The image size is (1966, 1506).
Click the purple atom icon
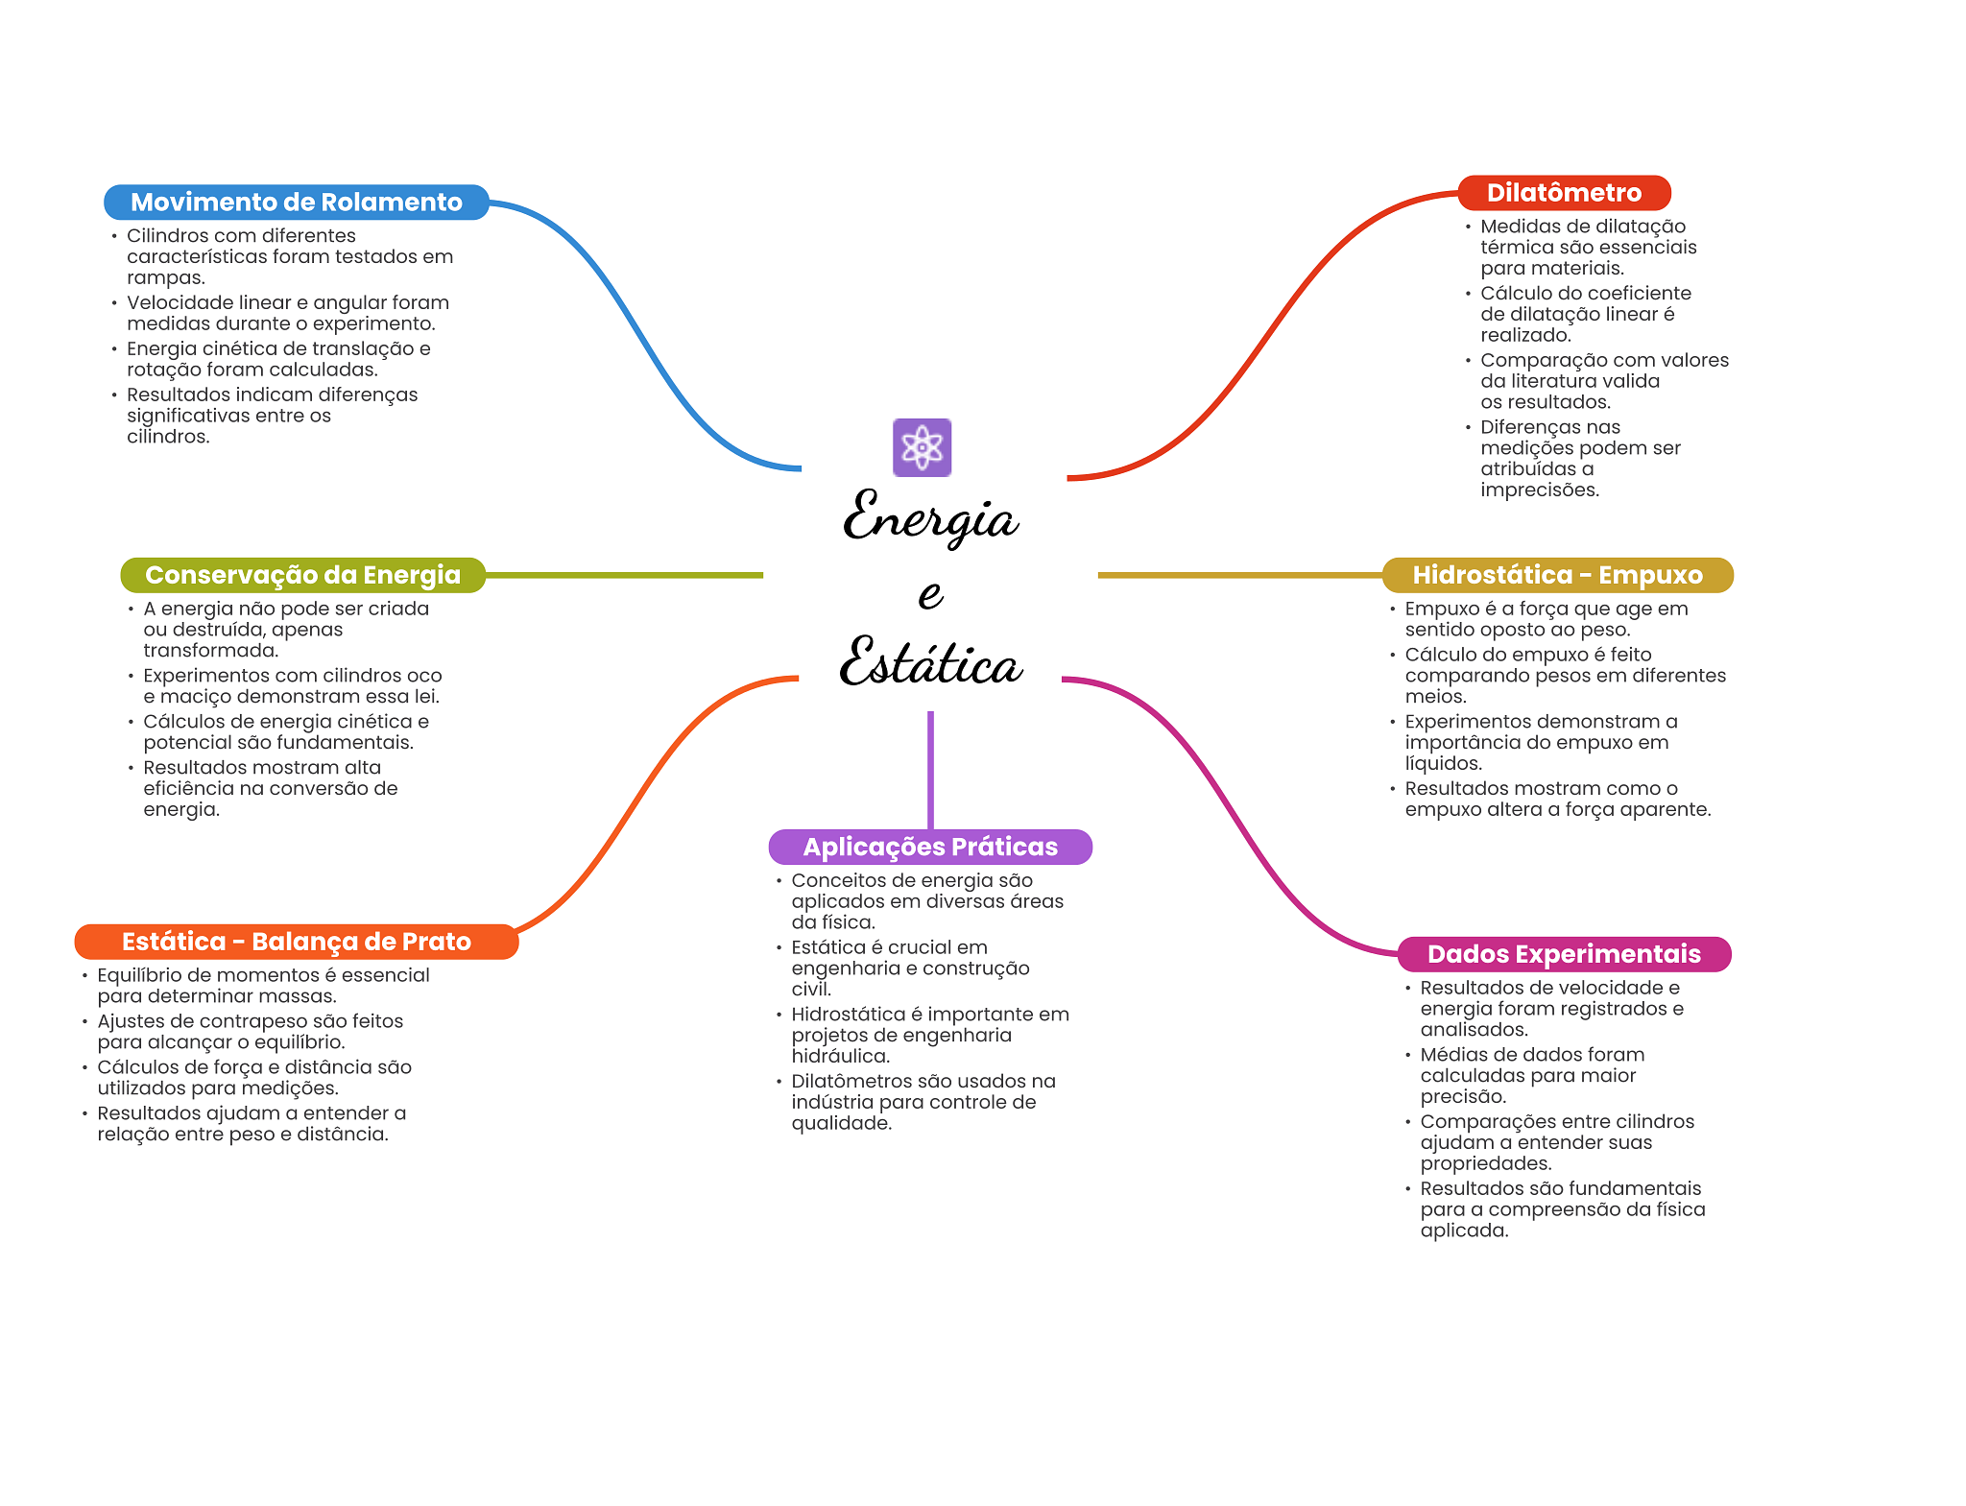tap(922, 447)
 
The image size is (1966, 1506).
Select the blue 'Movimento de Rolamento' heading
tap(297, 203)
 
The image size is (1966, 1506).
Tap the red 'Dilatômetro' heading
tap(1564, 193)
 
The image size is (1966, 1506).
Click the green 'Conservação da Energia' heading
tap(302, 575)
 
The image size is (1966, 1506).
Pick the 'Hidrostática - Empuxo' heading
tap(1557, 575)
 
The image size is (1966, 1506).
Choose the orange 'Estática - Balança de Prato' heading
tap(297, 942)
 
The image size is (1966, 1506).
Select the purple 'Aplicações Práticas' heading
tap(930, 847)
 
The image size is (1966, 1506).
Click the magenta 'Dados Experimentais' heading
tap(1564, 954)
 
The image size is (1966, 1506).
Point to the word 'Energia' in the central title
tap(930, 517)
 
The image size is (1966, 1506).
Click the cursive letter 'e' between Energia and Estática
tap(930, 594)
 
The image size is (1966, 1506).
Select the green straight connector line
tap(624, 575)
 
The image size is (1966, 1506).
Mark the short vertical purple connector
tap(930, 771)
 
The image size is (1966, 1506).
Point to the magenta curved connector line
tap(1229, 816)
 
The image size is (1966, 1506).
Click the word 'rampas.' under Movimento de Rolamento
tap(166, 277)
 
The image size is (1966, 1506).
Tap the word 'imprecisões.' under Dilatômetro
tap(1540, 490)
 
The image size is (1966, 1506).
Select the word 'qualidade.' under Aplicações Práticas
tap(842, 1123)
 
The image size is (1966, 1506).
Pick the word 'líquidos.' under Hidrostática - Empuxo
tap(1444, 763)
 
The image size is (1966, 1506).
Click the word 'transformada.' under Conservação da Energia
tap(211, 650)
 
